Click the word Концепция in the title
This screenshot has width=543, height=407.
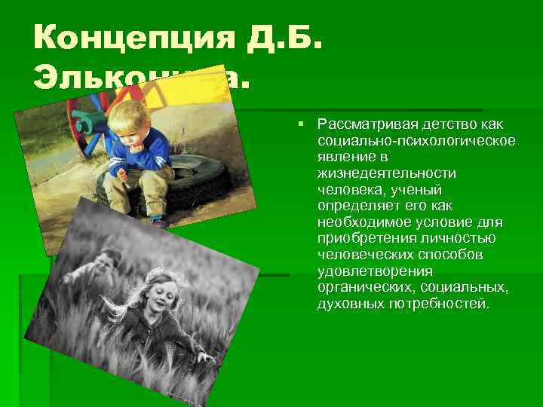coord(136,38)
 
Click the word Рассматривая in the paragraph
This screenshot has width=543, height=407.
coord(360,123)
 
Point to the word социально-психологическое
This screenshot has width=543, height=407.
coord(416,139)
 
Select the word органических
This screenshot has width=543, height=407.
coord(362,289)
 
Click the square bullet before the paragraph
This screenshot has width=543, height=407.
coord(300,123)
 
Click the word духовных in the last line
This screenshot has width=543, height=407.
coord(345,305)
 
